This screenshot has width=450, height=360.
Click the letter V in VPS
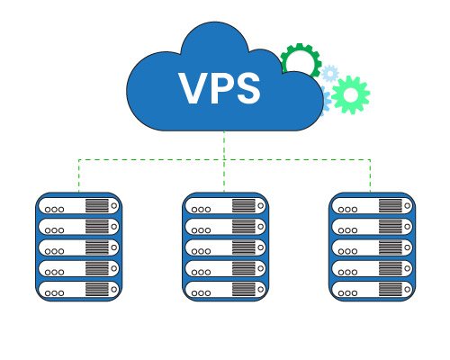(x=193, y=87)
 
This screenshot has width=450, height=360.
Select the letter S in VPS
(x=247, y=88)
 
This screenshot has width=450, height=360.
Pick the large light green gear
(x=350, y=94)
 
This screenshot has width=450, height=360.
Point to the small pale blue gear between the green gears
(x=330, y=73)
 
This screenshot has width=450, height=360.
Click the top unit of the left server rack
(x=79, y=205)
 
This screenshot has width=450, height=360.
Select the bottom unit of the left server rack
(x=79, y=289)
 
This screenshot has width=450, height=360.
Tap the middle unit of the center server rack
(x=226, y=247)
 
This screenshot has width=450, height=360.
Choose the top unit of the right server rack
(x=373, y=205)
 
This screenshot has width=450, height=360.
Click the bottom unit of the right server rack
(x=373, y=289)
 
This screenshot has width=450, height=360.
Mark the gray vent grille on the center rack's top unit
(x=244, y=205)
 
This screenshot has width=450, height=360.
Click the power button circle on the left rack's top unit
(x=114, y=205)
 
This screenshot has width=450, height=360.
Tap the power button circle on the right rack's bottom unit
(x=407, y=289)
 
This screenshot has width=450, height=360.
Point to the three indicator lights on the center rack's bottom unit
(x=201, y=293)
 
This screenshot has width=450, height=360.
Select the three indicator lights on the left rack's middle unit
(x=54, y=251)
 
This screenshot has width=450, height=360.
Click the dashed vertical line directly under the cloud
(x=224, y=161)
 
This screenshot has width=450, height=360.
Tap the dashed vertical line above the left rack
(x=78, y=175)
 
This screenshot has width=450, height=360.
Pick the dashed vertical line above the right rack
(x=371, y=175)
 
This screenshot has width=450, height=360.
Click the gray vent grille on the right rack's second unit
(x=391, y=227)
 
